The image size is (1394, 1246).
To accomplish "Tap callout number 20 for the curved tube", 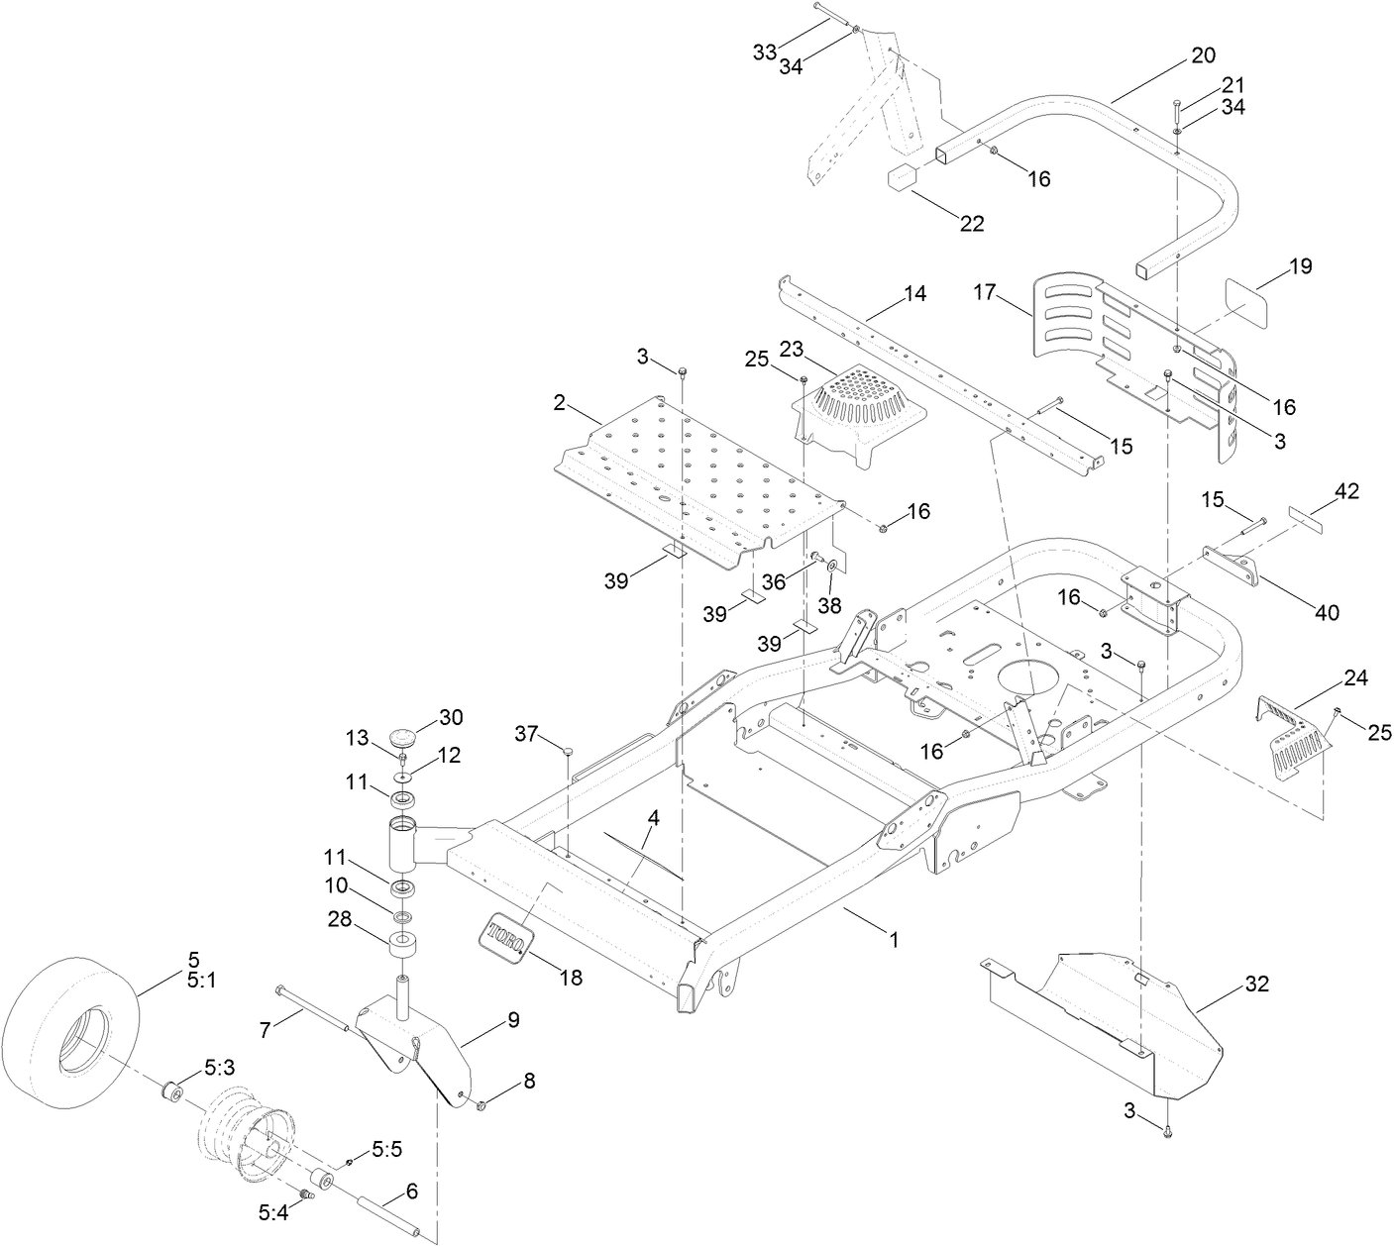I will coord(1203,56).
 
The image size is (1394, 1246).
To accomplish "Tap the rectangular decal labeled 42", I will coord(1306,517).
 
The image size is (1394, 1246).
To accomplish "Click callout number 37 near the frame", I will coord(528,733).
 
